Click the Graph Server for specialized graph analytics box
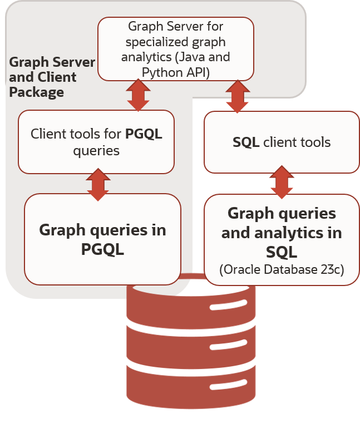(x=176, y=49)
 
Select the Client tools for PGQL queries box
(x=96, y=142)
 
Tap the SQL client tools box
(x=282, y=142)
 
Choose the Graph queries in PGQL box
(x=102, y=239)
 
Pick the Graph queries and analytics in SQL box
(x=282, y=239)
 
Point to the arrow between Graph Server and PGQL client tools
(x=138, y=95)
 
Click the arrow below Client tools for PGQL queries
(x=98, y=184)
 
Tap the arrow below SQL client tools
(x=282, y=182)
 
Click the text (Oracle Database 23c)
(x=282, y=270)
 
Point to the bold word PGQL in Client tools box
(x=144, y=134)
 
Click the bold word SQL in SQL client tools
(x=246, y=142)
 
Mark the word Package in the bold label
(x=37, y=92)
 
